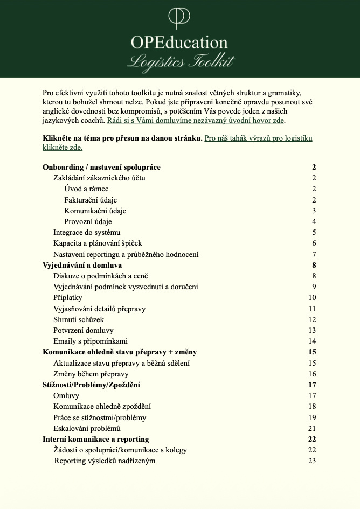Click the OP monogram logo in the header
pos(179,17)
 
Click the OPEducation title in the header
pos(179,43)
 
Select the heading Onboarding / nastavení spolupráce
pos(101,168)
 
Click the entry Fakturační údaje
pos(91,200)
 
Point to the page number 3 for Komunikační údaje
pos(314,211)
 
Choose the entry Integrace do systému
pos(86,233)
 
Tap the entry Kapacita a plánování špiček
pos(98,243)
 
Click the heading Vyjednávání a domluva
pos(82,265)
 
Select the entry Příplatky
pos(68,298)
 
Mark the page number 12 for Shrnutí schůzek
pos(312,319)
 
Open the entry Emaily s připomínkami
pos(91,341)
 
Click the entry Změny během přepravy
pos(91,374)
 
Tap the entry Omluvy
pos(66,396)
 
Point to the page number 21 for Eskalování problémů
pos(312,428)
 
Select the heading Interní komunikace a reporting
pos(95,440)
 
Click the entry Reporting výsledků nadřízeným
pos(105,461)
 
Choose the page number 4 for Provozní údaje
pos(314,221)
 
